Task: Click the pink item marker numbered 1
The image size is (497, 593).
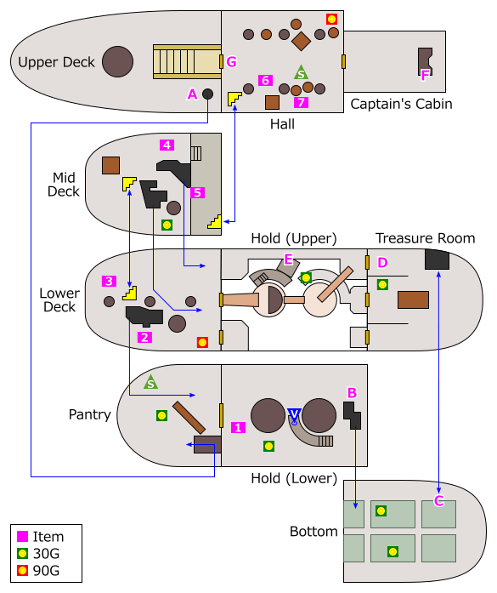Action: (238, 427)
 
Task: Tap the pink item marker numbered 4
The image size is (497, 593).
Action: (167, 145)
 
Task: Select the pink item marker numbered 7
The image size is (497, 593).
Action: (301, 102)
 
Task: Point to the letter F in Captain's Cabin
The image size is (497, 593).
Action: (425, 76)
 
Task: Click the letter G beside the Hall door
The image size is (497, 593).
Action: (231, 61)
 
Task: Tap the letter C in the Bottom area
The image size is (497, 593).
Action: (438, 501)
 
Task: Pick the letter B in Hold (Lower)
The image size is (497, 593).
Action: (352, 393)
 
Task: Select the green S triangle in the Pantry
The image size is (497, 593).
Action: (150, 382)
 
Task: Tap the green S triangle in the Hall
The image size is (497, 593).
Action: (301, 72)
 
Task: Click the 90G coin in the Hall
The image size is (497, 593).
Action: (331, 20)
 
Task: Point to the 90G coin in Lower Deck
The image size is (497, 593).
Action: (202, 342)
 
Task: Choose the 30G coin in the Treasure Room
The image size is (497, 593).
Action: (382, 284)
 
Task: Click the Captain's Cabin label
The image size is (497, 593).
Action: (401, 104)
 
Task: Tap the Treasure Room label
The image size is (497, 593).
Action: (426, 238)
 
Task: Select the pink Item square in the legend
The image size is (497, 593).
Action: (23, 536)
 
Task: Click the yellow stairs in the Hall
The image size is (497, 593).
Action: (234, 99)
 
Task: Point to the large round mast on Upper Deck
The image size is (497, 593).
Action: (118, 61)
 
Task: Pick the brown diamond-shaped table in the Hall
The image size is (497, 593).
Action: (301, 41)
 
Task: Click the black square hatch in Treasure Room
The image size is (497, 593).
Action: (437, 259)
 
